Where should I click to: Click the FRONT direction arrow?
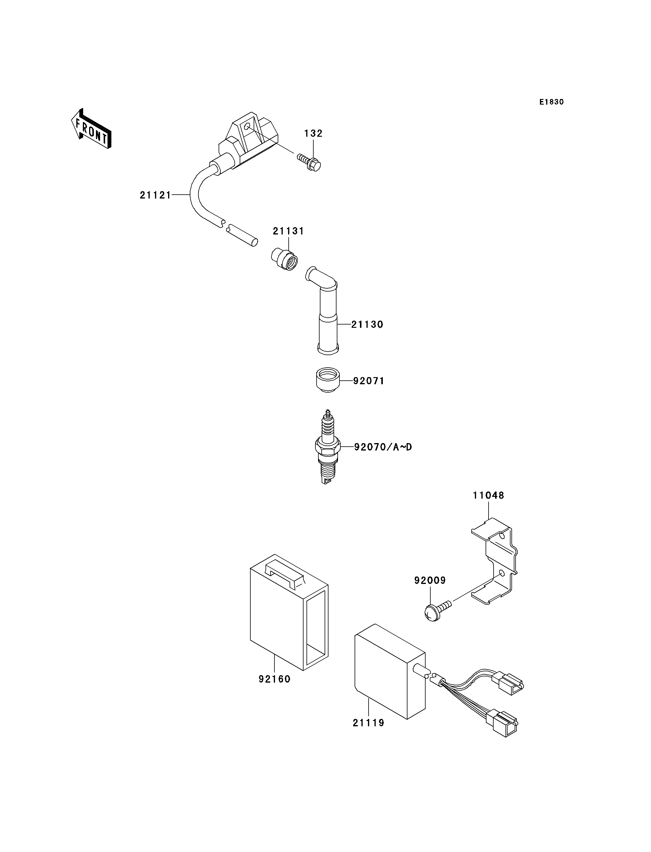[x=91, y=129]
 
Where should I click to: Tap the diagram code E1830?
[x=552, y=102]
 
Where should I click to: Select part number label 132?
[x=314, y=133]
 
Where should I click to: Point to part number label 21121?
[x=155, y=196]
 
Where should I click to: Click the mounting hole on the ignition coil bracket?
[x=247, y=126]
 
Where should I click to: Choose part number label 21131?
[x=289, y=231]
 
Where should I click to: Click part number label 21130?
[x=367, y=325]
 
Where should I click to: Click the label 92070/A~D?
[x=383, y=448]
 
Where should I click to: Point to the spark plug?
[x=328, y=447]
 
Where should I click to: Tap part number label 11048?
[x=488, y=496]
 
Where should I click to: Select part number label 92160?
[x=274, y=679]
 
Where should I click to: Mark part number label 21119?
[x=369, y=723]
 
